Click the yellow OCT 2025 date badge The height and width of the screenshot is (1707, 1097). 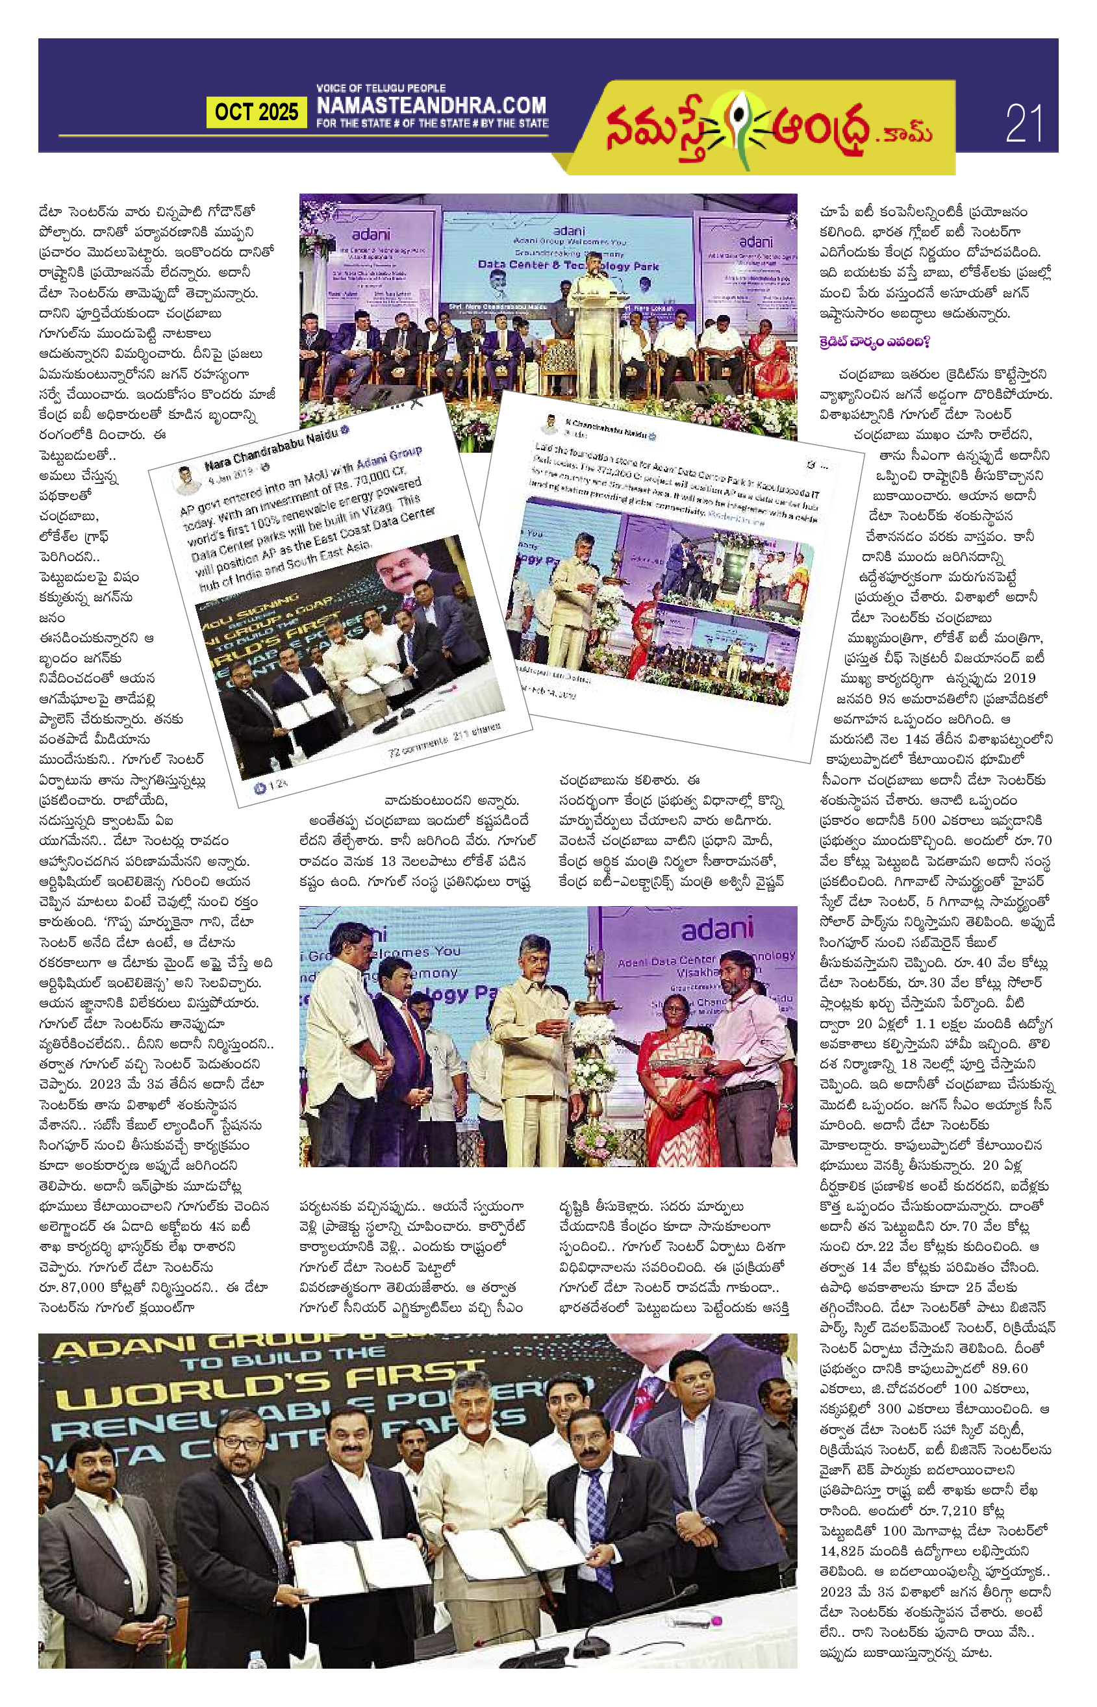click(x=256, y=112)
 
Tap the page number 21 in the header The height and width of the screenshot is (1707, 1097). click(x=1024, y=124)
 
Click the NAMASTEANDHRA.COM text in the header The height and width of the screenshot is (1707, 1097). click(x=432, y=105)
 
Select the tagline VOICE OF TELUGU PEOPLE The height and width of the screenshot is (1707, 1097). click(x=381, y=88)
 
